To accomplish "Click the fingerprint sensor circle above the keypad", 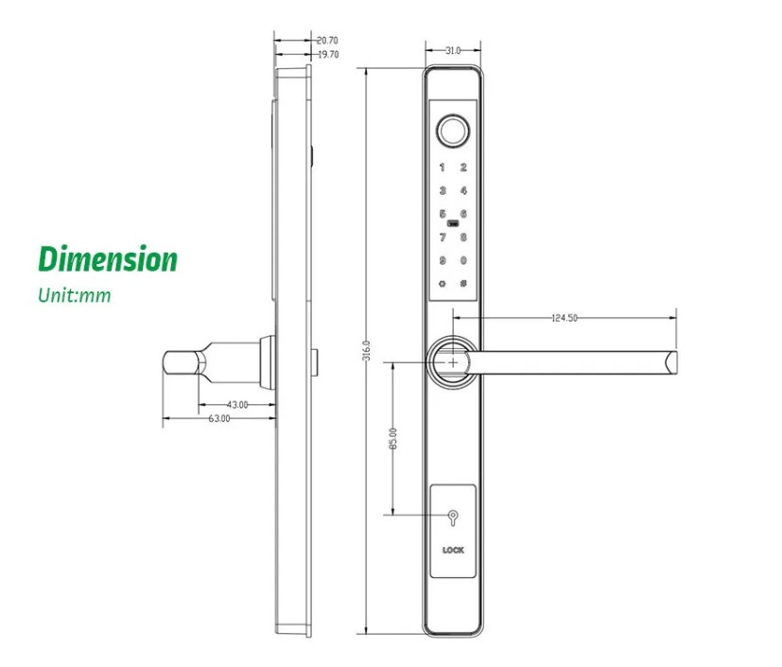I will (x=453, y=131).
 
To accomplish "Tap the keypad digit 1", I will (x=442, y=168).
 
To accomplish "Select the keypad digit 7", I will (x=442, y=237).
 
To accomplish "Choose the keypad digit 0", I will (x=463, y=261).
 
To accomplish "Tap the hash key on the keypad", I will (x=463, y=283).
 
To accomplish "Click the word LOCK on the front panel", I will (x=453, y=550).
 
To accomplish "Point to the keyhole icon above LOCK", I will (x=453, y=518).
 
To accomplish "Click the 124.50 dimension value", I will (x=564, y=318).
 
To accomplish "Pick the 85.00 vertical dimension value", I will (x=393, y=439).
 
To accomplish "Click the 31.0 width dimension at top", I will (x=452, y=51).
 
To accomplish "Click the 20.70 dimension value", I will (x=327, y=41).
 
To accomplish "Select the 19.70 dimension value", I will (x=327, y=55).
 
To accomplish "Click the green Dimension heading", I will (x=107, y=259).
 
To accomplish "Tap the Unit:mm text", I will (x=75, y=295).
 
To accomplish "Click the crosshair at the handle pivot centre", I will (x=455, y=361).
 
